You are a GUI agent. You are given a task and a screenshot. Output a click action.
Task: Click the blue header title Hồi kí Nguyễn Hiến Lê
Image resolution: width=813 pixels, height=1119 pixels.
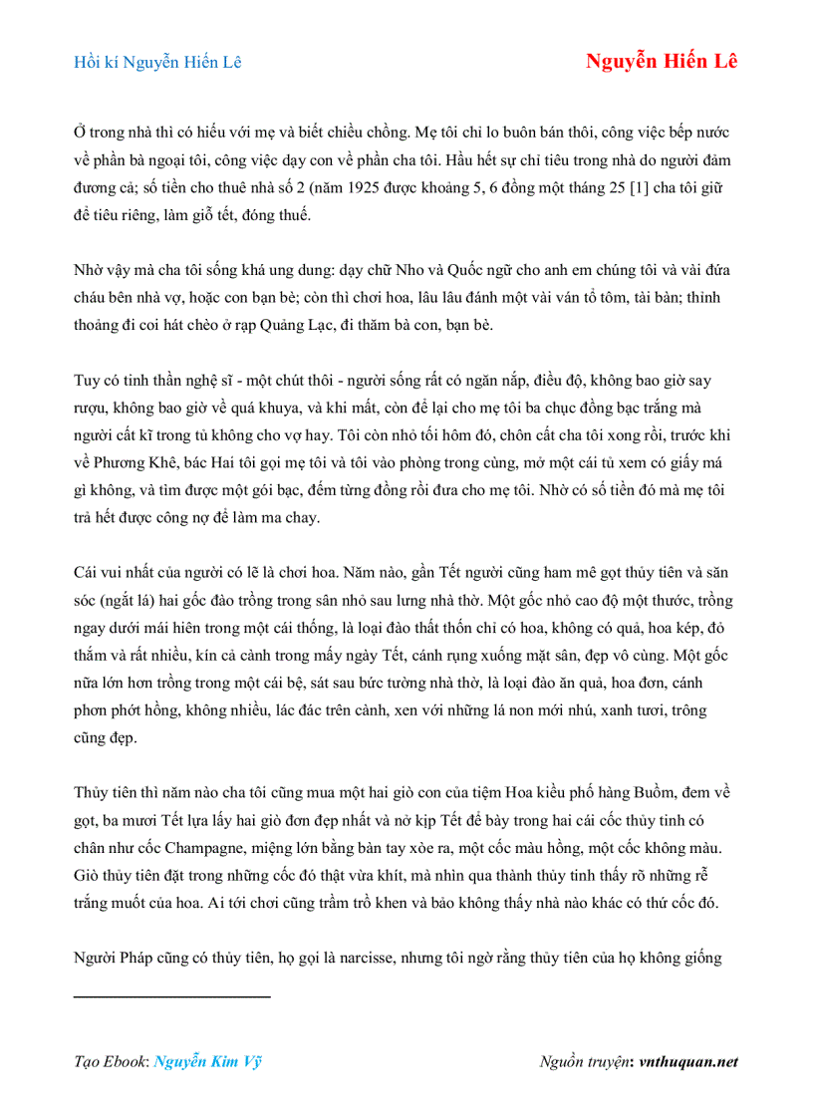pos(157,62)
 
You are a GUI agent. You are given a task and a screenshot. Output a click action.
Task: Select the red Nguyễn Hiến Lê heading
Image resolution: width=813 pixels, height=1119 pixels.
pos(661,61)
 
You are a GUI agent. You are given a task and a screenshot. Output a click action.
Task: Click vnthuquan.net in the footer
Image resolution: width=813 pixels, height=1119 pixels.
pos(688,1061)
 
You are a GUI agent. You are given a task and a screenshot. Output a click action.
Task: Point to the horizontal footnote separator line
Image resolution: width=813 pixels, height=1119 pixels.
pos(172,995)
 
